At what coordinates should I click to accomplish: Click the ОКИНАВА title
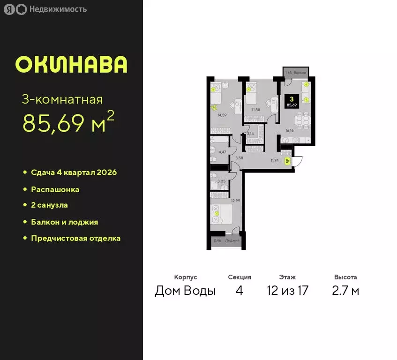[x=71, y=65]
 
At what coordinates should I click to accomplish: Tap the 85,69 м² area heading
[x=68, y=122]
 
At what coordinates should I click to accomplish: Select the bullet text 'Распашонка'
[x=55, y=190]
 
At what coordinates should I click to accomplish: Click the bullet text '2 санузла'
[x=49, y=205]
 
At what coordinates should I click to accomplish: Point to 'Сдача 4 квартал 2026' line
[x=74, y=172]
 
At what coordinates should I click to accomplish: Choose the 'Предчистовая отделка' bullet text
[x=75, y=238]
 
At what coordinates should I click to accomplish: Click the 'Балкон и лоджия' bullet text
[x=64, y=222]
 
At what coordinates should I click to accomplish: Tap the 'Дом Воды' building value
[x=185, y=291]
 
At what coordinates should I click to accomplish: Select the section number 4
[x=240, y=291]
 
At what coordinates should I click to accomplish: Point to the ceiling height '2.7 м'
[x=345, y=291]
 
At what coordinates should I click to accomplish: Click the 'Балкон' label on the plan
[x=300, y=73]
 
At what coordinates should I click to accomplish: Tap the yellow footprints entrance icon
[x=286, y=160]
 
